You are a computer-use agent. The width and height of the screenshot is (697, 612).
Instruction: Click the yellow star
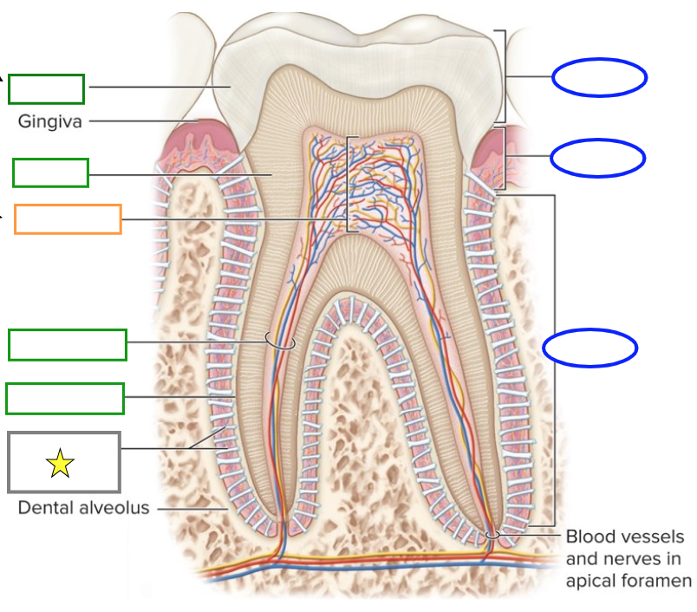click(x=60, y=464)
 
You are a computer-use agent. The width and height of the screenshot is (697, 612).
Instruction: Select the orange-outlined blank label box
click(x=68, y=219)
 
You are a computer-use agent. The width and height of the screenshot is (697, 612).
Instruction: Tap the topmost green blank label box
click(x=47, y=88)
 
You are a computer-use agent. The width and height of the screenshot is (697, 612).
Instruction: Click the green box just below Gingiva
click(x=50, y=173)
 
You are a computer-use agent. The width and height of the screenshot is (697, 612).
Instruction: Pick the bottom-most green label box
click(x=65, y=399)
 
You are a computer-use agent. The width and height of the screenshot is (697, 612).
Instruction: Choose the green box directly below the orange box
click(x=68, y=345)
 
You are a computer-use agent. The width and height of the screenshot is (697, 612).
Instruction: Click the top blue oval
click(x=599, y=77)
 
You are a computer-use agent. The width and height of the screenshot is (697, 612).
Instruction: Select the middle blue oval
click(x=597, y=157)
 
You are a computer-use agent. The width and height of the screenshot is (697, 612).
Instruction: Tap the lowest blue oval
click(x=590, y=348)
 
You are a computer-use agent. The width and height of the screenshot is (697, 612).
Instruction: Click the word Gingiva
click(x=50, y=121)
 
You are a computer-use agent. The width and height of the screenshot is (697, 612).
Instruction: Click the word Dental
click(x=42, y=508)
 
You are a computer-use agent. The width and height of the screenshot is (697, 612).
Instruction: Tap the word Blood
click(x=590, y=537)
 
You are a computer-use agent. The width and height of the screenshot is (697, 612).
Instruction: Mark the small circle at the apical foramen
click(x=492, y=534)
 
